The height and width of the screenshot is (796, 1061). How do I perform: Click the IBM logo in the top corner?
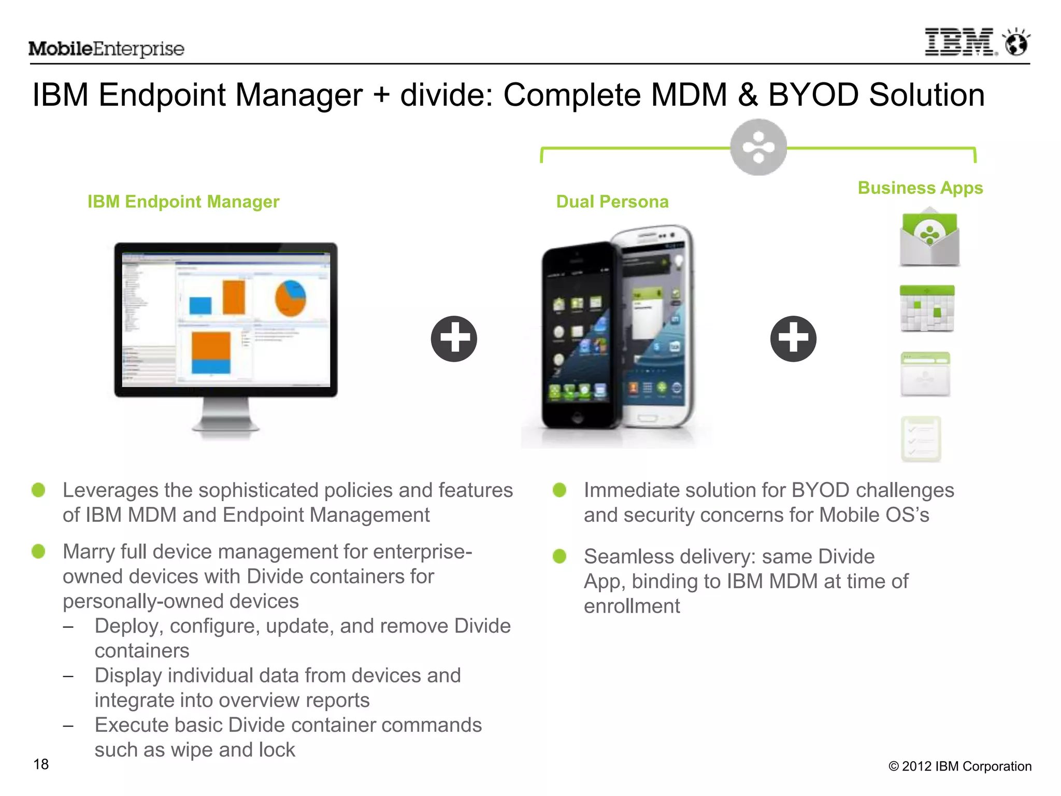960,42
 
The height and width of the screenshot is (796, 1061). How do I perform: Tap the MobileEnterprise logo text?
106,49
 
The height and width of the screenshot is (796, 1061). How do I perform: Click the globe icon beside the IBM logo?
1016,43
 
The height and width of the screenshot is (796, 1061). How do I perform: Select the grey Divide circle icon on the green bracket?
758,148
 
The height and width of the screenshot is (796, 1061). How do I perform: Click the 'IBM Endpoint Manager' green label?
183,202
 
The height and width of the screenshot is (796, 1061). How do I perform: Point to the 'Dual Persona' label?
612,202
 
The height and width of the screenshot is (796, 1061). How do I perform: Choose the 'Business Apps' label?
920,188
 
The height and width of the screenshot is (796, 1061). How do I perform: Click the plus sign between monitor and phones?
454,338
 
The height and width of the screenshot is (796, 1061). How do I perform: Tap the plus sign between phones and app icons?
793,338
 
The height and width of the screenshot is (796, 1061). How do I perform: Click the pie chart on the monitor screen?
290,298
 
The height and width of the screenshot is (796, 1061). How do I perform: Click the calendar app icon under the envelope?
927,309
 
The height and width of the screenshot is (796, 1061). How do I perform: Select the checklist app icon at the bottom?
921,439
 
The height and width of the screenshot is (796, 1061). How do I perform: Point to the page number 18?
41,764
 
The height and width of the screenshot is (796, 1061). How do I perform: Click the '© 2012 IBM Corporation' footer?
959,766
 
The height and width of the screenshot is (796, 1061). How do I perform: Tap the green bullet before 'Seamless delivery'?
560,557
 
